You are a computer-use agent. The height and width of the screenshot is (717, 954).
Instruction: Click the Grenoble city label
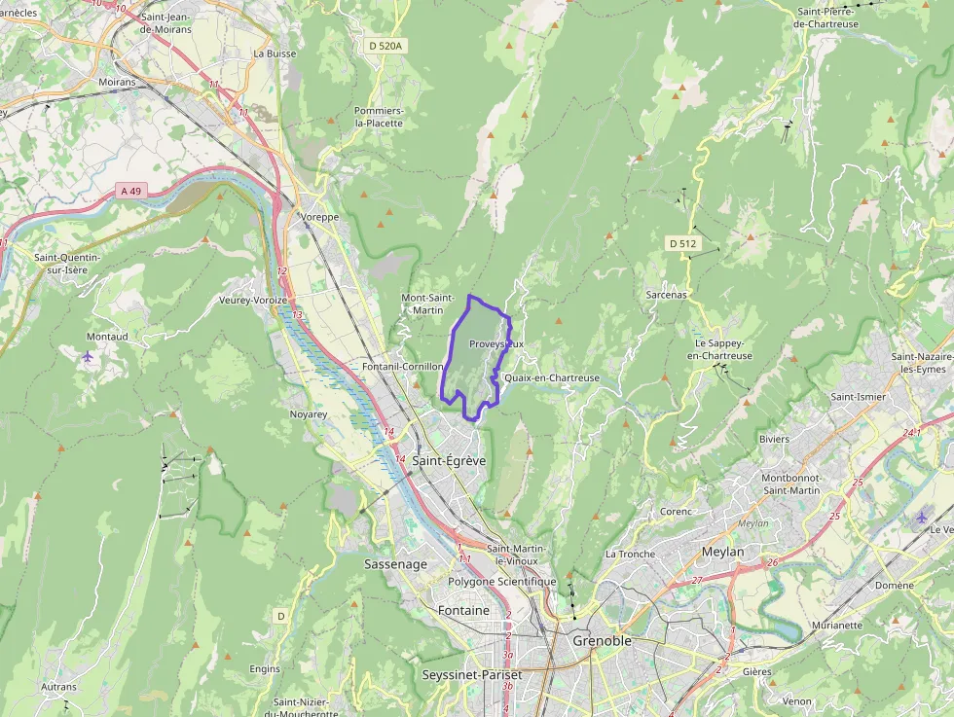click(602, 641)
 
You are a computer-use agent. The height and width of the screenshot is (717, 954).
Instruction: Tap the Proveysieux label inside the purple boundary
click(495, 344)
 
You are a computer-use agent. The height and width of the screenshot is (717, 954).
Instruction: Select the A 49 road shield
click(131, 191)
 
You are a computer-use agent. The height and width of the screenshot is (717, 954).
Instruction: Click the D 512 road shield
click(682, 242)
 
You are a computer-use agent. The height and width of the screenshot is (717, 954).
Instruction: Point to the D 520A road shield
click(385, 46)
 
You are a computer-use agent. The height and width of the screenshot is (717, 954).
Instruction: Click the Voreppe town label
click(319, 217)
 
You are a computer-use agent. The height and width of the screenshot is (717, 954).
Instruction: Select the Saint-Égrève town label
click(449, 460)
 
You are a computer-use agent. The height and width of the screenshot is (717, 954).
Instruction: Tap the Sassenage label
click(395, 564)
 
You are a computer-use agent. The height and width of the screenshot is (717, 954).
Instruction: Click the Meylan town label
click(722, 552)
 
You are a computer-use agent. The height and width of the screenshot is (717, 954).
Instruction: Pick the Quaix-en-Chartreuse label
click(552, 378)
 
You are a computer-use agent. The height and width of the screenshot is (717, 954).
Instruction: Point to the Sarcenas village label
click(666, 294)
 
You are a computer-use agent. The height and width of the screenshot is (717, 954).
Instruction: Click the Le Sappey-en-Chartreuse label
click(719, 350)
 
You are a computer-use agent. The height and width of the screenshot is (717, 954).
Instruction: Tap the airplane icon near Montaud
click(88, 356)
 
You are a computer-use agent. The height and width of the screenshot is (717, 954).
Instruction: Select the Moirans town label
click(117, 83)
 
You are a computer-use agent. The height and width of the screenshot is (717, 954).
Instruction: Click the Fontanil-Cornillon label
click(402, 367)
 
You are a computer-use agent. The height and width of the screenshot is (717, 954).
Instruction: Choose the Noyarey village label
click(308, 413)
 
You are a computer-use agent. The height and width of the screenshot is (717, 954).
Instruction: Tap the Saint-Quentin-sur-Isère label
click(67, 264)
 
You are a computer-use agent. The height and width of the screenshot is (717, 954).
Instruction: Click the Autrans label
click(58, 687)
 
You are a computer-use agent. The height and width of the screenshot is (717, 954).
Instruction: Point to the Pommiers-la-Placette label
click(379, 117)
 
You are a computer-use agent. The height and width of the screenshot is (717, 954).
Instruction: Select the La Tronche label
click(630, 554)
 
